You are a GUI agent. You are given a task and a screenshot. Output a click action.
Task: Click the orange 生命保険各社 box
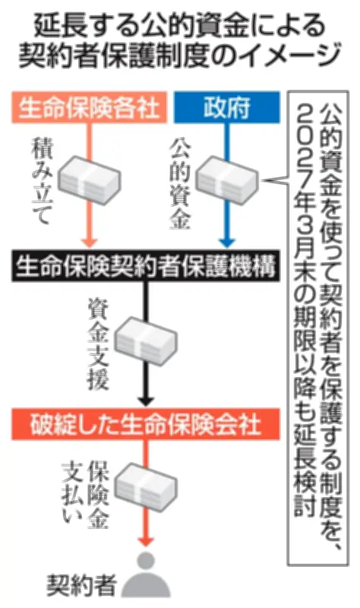click(x=90, y=107)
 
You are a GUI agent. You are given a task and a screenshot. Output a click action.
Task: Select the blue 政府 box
click(x=226, y=107)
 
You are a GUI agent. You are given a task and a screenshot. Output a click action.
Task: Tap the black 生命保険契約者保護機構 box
click(x=145, y=265)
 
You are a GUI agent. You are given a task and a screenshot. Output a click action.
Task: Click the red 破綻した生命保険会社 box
click(x=145, y=424)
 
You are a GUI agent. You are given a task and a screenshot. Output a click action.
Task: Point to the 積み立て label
click(x=41, y=182)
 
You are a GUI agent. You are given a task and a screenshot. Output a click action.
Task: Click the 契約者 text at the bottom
click(x=82, y=584)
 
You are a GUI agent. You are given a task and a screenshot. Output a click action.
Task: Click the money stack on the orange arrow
click(x=90, y=180)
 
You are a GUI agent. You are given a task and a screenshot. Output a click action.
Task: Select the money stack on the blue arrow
click(x=226, y=180)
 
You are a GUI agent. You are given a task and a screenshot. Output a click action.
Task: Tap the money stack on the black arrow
click(x=146, y=341)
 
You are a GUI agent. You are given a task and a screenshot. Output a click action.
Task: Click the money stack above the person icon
click(x=146, y=488)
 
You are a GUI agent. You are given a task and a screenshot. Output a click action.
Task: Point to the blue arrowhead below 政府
click(x=227, y=242)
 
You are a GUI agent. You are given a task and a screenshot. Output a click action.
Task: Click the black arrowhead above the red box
click(x=146, y=401)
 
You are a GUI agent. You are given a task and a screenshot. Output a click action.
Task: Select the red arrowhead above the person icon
click(x=146, y=540)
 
